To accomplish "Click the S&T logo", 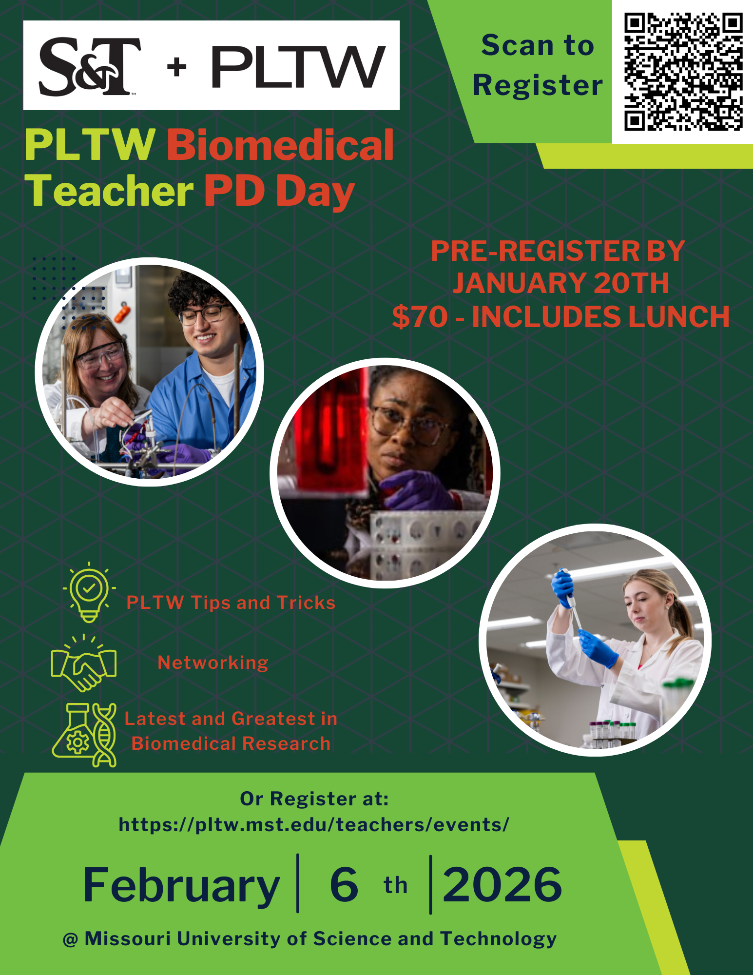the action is [90, 66].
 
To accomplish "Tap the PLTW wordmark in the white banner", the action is [298, 67].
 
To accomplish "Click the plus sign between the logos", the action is [176, 67].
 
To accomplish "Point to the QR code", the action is [683, 72].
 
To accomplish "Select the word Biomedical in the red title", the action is [280, 145].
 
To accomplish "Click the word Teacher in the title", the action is [110, 191].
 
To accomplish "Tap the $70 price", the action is [420, 317].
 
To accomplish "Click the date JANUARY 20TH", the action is [561, 283].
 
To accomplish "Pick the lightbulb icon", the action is [89, 592].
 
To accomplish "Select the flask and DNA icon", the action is [84, 735].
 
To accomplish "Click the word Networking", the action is [213, 663].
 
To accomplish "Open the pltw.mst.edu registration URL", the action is [314, 825].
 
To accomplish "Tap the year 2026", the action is [502, 884].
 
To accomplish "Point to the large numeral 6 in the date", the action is [344, 884].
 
